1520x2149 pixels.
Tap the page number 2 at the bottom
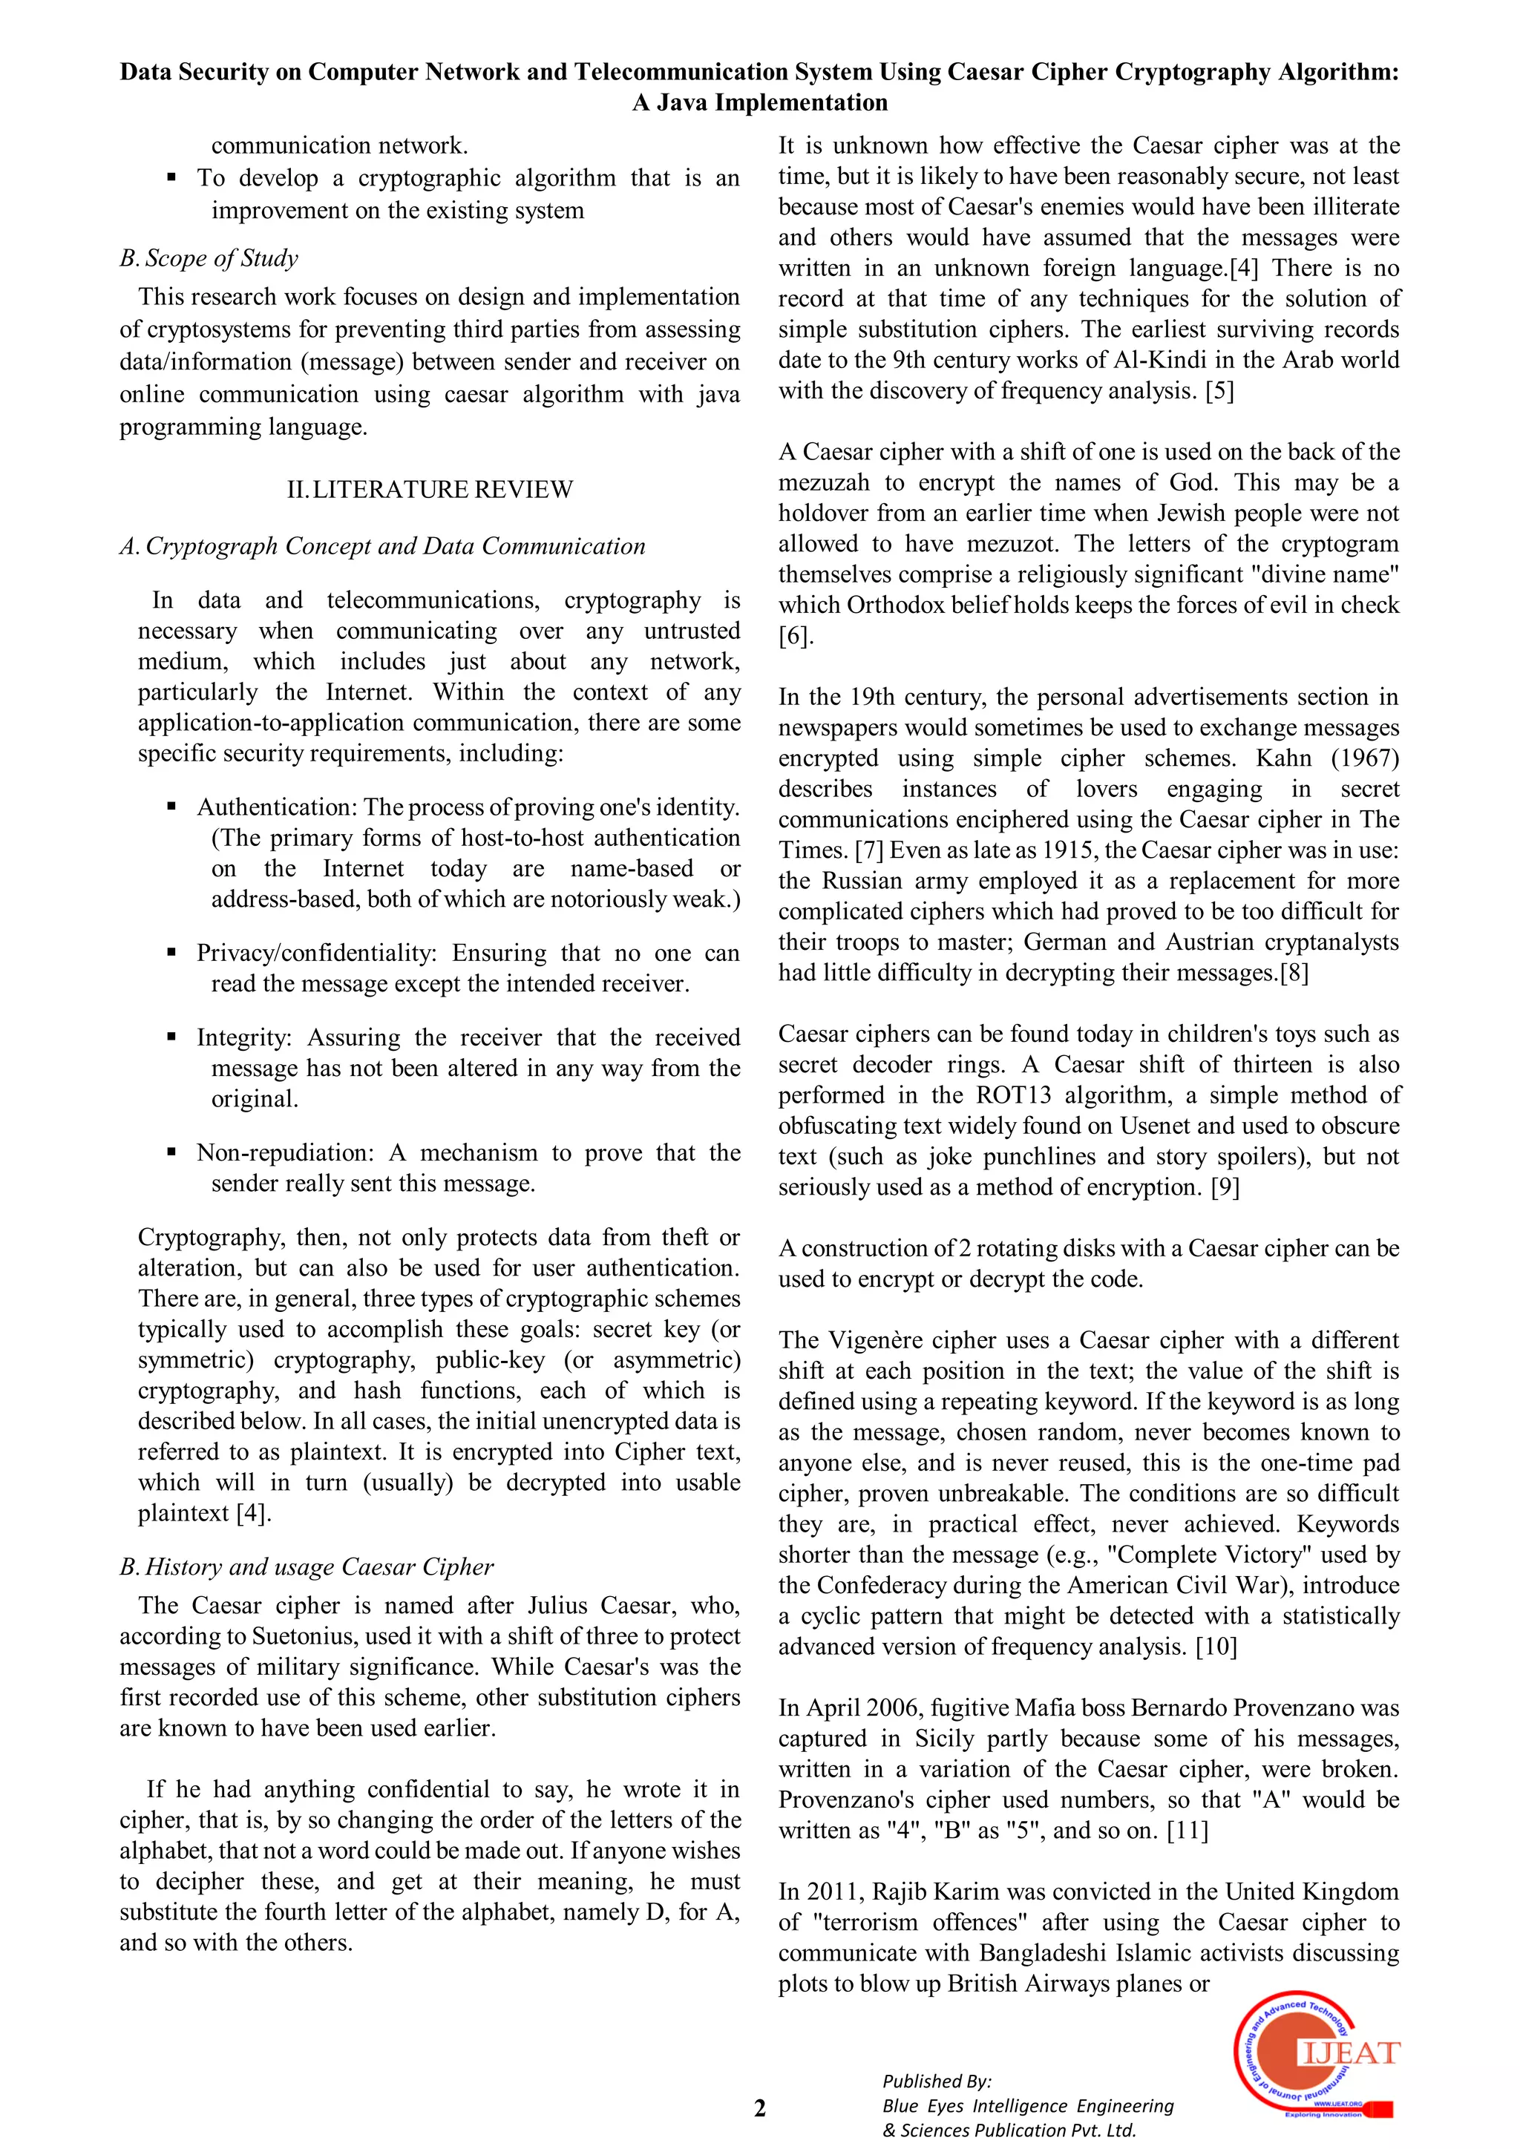[759, 2108]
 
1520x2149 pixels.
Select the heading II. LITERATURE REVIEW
[430, 490]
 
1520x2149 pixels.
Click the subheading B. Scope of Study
[209, 258]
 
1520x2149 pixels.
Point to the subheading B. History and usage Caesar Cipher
[306, 1566]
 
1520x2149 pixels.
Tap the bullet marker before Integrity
[171, 1037]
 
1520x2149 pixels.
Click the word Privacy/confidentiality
[316, 953]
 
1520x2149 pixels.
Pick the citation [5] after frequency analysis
[1219, 390]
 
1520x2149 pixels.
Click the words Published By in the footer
[936, 2081]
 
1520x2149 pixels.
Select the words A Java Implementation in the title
[759, 102]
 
